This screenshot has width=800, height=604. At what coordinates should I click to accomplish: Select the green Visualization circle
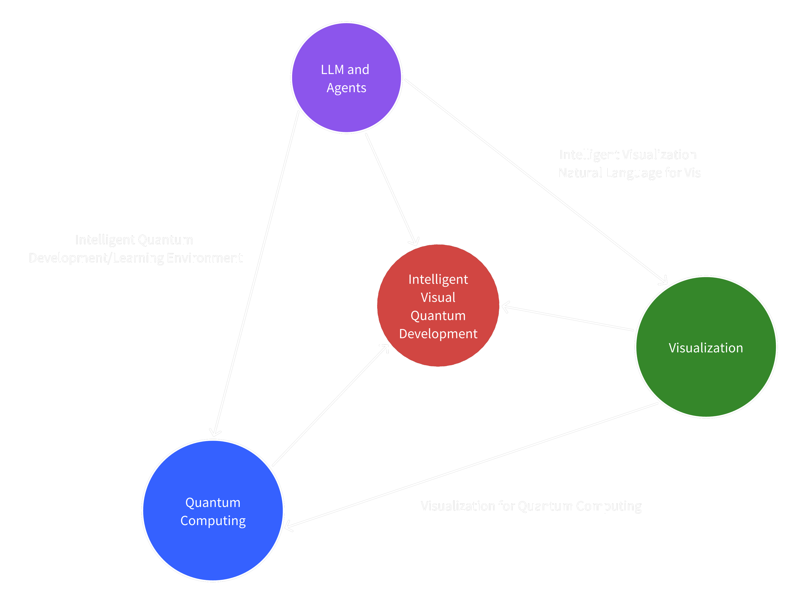(706, 380)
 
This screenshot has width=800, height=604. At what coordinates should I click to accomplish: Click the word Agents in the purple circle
(347, 88)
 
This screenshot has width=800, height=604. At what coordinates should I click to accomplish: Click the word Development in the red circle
(438, 334)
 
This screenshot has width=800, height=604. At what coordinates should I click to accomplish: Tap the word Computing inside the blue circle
(213, 521)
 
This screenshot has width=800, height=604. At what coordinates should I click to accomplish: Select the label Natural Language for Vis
(629, 173)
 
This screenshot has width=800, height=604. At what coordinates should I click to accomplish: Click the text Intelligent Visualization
(628, 155)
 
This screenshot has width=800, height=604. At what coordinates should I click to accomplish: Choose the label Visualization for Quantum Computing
(531, 506)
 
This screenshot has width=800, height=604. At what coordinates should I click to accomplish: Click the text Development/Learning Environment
(136, 258)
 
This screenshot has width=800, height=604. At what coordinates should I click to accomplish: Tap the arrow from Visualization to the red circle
(568, 318)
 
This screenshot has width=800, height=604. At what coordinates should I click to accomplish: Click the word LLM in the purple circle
(332, 69)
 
